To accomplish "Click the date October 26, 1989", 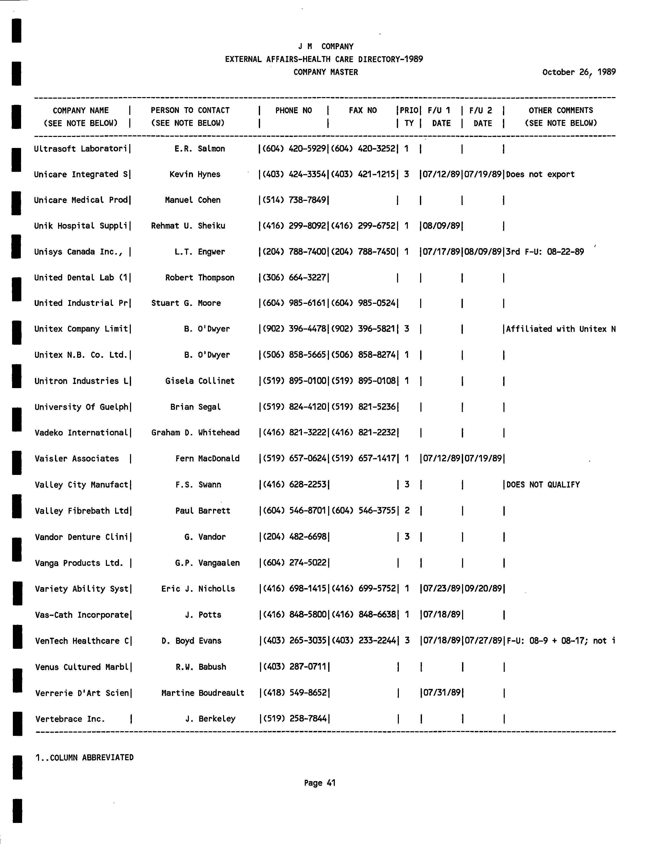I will click(578, 72).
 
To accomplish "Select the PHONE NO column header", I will click(293, 110).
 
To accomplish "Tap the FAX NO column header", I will click(362, 110).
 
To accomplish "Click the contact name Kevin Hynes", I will click(195, 174).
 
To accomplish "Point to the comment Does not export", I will click(540, 174).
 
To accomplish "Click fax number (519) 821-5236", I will click(363, 407).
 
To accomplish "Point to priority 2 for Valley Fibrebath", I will click(407, 511).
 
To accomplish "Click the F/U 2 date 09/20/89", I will click(483, 588).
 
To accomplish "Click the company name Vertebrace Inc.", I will click(70, 719).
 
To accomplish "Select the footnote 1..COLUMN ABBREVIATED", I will click(84, 757).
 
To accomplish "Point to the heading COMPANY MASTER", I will click(326, 72).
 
